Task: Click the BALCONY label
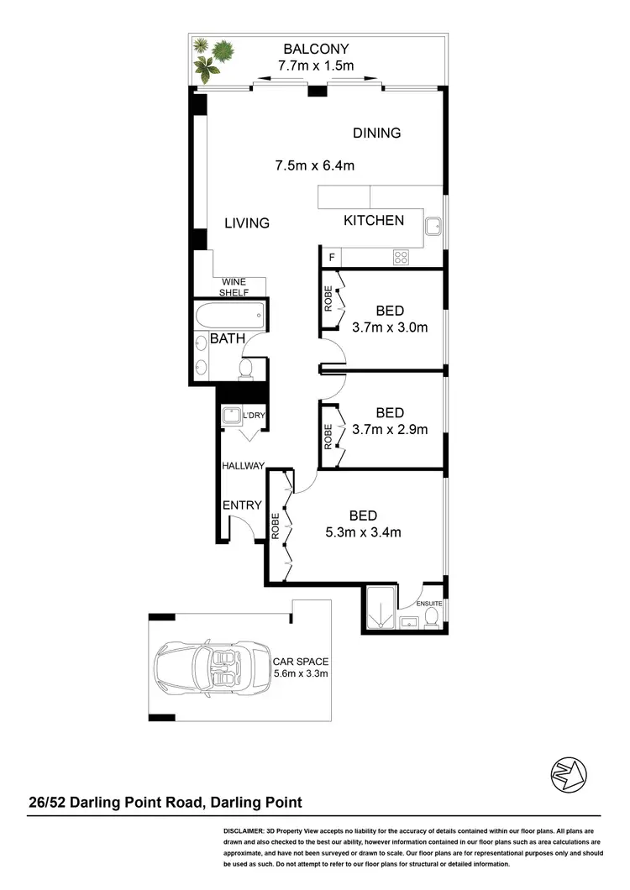click(x=316, y=49)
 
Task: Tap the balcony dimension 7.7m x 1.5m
click(x=316, y=65)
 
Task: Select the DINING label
click(x=376, y=133)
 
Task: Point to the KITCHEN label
click(x=374, y=221)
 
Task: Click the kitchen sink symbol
click(x=433, y=227)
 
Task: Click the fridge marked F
click(x=332, y=257)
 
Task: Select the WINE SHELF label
click(x=234, y=287)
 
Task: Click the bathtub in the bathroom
click(x=229, y=318)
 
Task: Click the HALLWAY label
click(x=244, y=465)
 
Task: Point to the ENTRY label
click(x=242, y=505)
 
